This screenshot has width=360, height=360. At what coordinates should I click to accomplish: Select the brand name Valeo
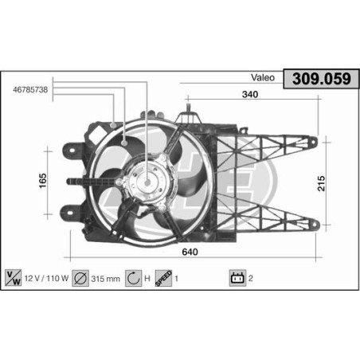pyautogui.click(x=263, y=78)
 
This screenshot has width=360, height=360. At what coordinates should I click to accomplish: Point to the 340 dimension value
pyautogui.click(x=251, y=95)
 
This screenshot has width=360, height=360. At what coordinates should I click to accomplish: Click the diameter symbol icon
pyautogui.click(x=80, y=278)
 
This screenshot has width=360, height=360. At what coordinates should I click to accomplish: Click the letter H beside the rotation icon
pyautogui.click(x=149, y=279)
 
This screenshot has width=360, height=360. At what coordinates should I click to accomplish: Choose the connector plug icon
pyautogui.click(x=236, y=278)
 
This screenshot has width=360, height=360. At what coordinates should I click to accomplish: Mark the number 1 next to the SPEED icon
pyautogui.click(x=176, y=279)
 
